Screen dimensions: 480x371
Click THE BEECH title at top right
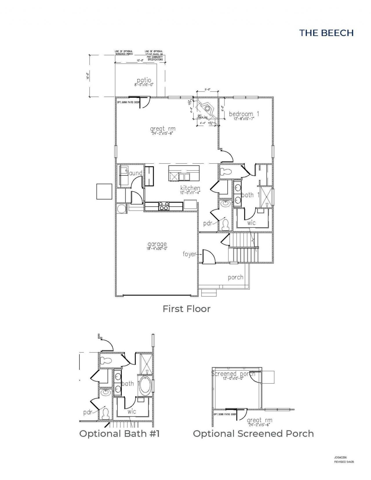click(326, 33)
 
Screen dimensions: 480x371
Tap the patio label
click(144, 80)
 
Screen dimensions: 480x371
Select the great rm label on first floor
click(163, 129)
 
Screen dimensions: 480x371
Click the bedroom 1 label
click(244, 114)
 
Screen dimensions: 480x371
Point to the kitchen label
click(190, 188)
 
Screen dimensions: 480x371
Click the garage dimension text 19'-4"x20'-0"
click(157, 249)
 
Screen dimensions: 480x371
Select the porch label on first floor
click(235, 277)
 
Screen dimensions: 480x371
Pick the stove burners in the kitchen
click(163, 206)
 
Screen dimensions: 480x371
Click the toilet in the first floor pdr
click(225, 225)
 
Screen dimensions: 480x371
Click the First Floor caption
click(186, 309)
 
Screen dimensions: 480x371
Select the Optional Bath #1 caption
click(119, 434)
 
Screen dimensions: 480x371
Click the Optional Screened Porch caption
click(253, 434)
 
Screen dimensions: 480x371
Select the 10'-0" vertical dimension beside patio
click(87, 76)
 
